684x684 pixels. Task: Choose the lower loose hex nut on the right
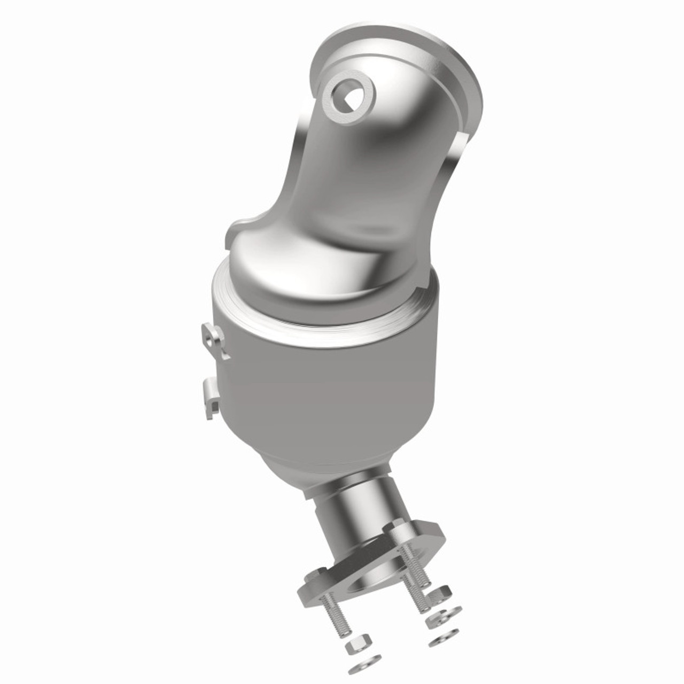click(436, 620)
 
